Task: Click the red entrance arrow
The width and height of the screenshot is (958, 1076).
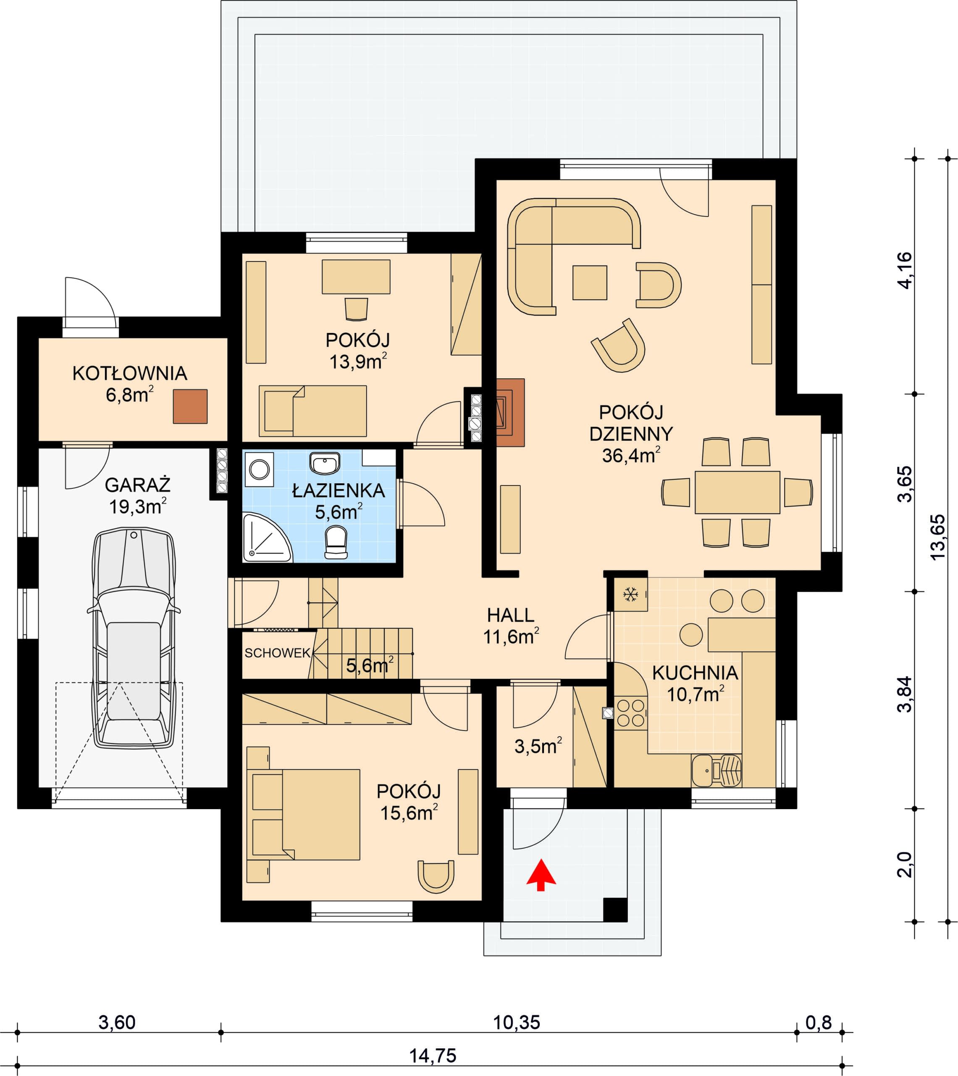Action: point(541,875)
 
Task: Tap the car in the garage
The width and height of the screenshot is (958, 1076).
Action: point(134,639)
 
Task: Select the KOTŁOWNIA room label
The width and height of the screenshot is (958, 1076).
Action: point(129,373)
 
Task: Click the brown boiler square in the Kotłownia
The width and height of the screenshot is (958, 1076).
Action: point(190,406)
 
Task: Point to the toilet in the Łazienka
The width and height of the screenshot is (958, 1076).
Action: point(336,543)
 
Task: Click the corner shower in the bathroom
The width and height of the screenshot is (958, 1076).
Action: point(266,538)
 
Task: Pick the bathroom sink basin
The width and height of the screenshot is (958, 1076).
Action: point(324,464)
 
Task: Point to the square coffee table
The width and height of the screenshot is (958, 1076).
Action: point(590,283)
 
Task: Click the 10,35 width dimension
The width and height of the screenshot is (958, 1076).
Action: point(516,1022)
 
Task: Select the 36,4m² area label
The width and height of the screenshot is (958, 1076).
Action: point(631,455)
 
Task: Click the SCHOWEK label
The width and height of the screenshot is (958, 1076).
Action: point(277,653)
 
